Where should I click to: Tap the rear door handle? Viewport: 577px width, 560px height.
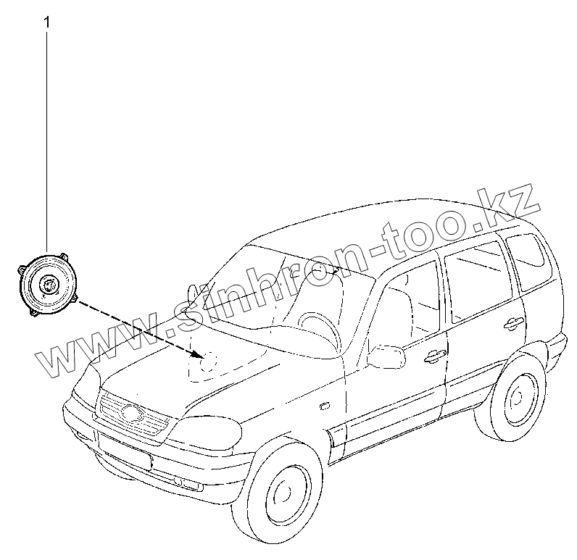click(x=514, y=322)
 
